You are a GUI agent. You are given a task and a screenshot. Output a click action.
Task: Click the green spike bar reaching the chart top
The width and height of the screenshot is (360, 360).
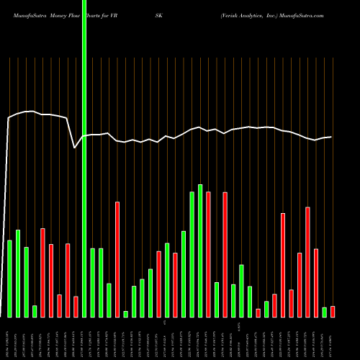pyautogui.click(x=84, y=158)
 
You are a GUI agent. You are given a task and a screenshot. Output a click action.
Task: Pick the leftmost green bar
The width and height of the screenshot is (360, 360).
pyautogui.click(x=9, y=278)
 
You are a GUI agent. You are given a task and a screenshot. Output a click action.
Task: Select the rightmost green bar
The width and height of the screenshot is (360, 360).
pyautogui.click(x=324, y=312)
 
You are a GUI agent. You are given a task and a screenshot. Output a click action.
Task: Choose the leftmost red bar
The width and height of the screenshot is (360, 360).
pyautogui.click(x=42, y=272)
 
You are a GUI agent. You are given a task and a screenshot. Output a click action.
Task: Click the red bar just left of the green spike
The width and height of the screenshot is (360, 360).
pyautogui.click(x=76, y=306)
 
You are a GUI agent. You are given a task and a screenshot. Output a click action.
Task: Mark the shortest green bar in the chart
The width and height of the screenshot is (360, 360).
pyautogui.click(x=125, y=314)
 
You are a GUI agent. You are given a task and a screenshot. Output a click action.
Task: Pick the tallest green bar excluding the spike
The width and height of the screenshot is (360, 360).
pyautogui.click(x=200, y=251)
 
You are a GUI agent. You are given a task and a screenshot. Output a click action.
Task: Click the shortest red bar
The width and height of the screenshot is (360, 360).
pyautogui.click(x=258, y=312)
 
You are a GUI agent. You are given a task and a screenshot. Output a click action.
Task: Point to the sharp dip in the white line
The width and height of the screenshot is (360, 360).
pyautogui.click(x=75, y=148)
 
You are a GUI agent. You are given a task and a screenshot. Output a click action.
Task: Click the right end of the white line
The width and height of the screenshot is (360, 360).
pyautogui.click(x=331, y=137)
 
